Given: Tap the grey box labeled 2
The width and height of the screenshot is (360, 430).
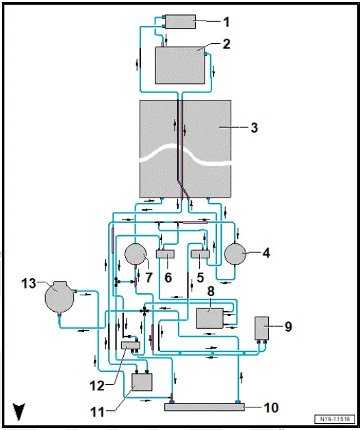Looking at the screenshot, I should pos(180,65).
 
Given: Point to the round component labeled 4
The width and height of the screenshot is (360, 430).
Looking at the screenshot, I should pos(237,253).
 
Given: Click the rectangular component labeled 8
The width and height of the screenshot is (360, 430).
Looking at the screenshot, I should pos(213,319).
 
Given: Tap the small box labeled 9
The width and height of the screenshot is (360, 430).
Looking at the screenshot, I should pos(263,328).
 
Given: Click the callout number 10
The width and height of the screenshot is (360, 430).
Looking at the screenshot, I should pos(271,408).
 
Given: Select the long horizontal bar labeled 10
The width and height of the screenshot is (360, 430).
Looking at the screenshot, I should pos(204,407).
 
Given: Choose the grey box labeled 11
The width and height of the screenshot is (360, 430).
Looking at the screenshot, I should pos(142,381).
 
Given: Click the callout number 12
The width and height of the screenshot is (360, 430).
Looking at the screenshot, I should pos(97,386).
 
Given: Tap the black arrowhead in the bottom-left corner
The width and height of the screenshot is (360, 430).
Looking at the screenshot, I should pos(18,412).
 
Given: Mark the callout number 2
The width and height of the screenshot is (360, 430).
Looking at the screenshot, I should pos(226,44).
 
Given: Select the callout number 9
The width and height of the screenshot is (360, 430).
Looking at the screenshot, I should pos(288,327).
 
